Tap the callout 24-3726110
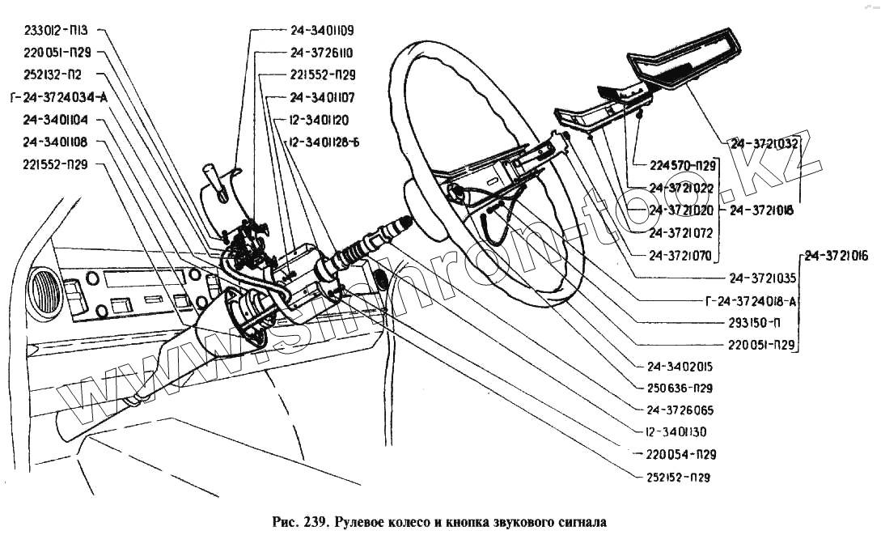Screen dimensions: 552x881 (x=322, y=53)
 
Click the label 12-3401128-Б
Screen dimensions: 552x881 (x=323, y=142)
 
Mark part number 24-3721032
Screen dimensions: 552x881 (x=764, y=143)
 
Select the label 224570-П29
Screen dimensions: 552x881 (x=683, y=167)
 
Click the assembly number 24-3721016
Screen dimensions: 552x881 (x=836, y=257)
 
